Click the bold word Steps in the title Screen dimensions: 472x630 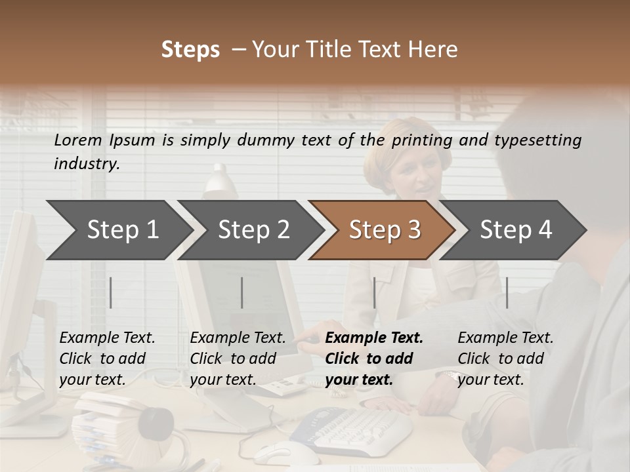[x=190, y=50]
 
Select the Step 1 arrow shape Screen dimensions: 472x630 [x=118, y=230]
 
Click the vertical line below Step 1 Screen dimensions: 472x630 [x=111, y=292]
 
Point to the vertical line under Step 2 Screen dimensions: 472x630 [x=242, y=292]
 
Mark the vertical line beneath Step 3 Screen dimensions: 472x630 [x=374, y=292]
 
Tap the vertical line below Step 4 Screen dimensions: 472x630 [x=507, y=292]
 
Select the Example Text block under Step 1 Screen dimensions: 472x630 [x=107, y=358]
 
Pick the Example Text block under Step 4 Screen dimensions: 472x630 [x=505, y=358]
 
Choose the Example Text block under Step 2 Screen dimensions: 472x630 [x=238, y=358]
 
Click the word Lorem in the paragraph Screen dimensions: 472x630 [x=77, y=140]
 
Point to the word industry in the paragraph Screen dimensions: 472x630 [x=85, y=164]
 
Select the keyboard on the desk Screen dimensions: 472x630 [x=354, y=429]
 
